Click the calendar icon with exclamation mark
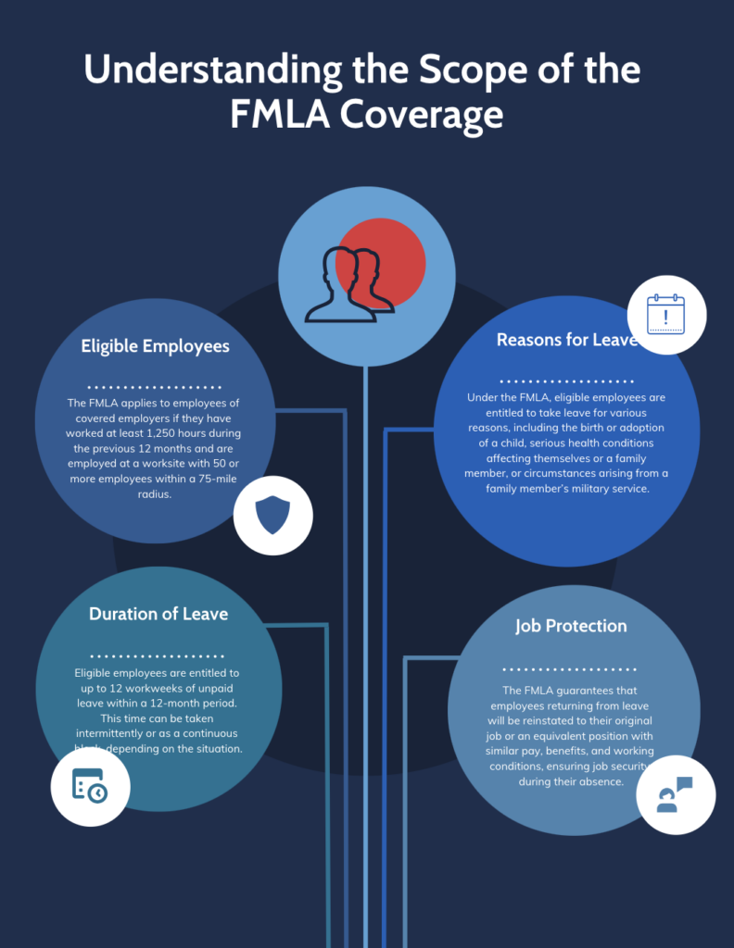point(665,314)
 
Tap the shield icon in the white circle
point(272,515)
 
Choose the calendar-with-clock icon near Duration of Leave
point(90,786)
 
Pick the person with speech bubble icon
point(675,794)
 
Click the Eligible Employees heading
point(155,347)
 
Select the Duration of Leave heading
point(158,614)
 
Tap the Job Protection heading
point(571,626)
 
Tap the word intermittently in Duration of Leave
point(112,733)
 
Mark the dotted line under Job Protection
point(569,668)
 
